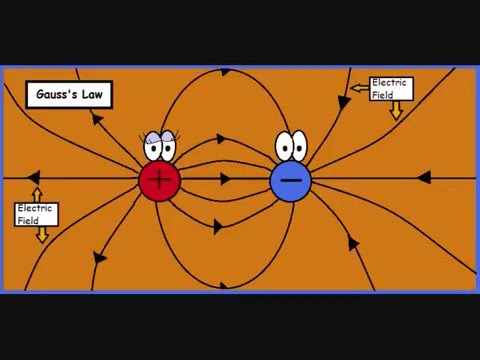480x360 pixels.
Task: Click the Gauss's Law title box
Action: tap(68, 95)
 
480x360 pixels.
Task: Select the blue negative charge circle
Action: tap(290, 179)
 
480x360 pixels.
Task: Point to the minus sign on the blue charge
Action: tap(290, 180)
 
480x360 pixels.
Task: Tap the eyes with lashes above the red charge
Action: tap(159, 147)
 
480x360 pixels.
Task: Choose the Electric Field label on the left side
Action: tap(36, 214)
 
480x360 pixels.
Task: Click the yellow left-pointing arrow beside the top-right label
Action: tap(358, 88)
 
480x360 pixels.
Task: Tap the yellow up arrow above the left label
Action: tap(38, 193)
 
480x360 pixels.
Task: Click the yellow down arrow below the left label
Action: tap(42, 234)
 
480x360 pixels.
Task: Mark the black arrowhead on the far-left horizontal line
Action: tap(36, 178)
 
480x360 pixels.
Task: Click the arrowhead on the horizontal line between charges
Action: tap(225, 179)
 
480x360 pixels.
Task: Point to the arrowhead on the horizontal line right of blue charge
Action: tap(423, 178)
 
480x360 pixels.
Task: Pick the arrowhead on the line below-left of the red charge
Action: tap(99, 258)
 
